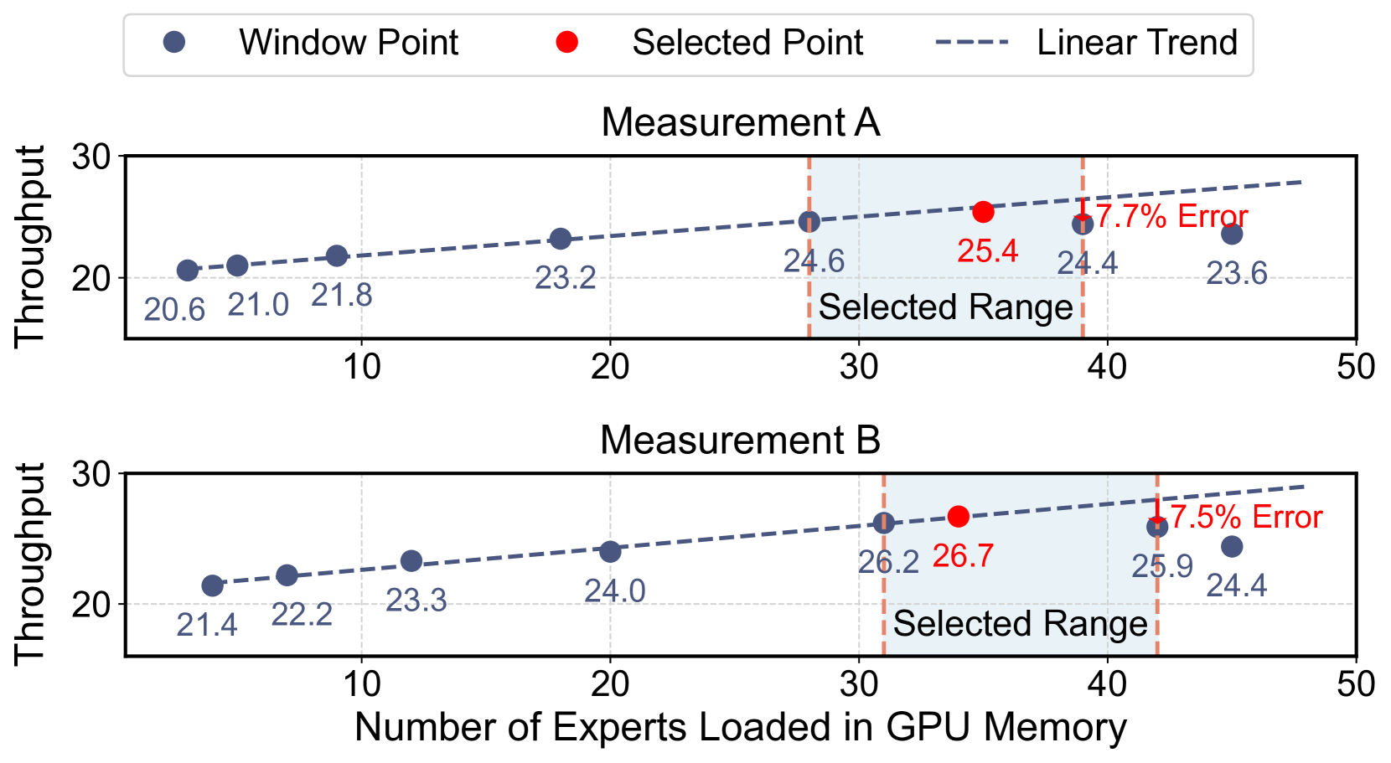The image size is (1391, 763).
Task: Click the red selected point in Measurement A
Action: (983, 212)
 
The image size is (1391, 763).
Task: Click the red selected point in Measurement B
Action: (958, 516)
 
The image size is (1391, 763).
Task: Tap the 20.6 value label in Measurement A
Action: (174, 310)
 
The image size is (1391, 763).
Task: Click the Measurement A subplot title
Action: (741, 122)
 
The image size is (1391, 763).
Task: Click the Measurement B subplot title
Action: (741, 441)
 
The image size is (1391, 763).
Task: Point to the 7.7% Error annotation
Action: (1171, 216)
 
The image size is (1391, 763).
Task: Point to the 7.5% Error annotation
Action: (1246, 517)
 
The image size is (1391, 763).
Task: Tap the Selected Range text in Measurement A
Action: (945, 307)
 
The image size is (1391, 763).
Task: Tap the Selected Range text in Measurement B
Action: (1020, 624)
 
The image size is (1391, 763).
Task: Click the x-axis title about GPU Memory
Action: (741, 727)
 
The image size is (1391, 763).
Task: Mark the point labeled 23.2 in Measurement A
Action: (561, 239)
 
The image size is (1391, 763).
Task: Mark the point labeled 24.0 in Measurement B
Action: (610, 551)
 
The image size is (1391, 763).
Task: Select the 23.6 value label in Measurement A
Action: (1237, 273)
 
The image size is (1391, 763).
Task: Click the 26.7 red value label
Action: (963, 555)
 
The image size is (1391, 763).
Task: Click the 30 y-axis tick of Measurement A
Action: (91, 157)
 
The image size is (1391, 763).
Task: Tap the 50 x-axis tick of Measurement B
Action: (1355, 684)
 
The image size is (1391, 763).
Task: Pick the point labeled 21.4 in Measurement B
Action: (212, 585)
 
